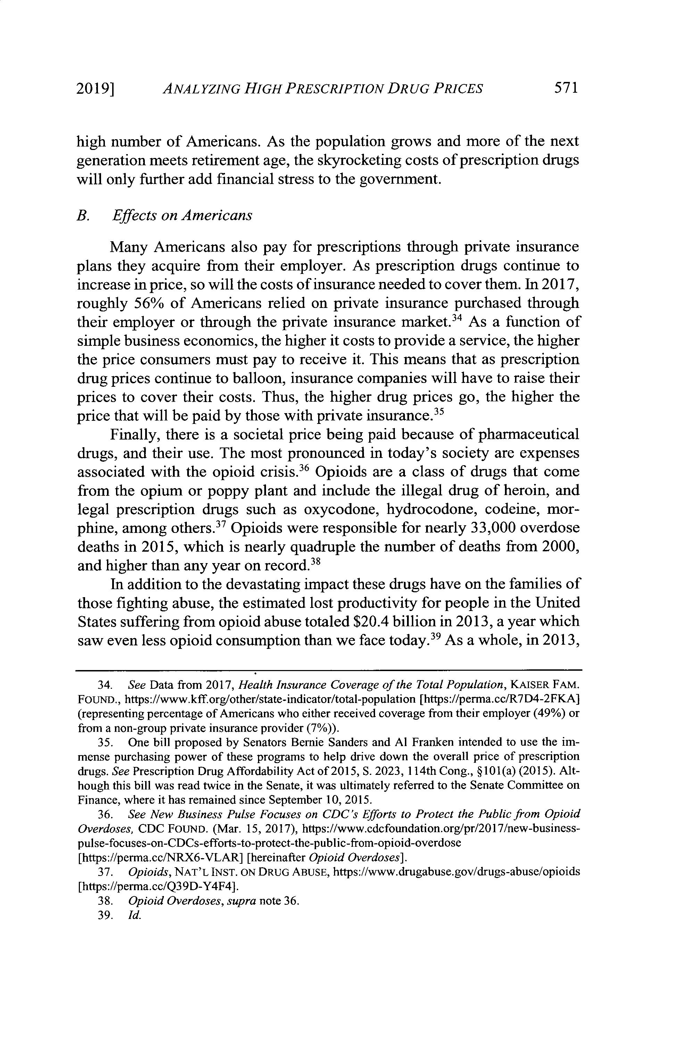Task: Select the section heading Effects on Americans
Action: coord(182,216)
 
